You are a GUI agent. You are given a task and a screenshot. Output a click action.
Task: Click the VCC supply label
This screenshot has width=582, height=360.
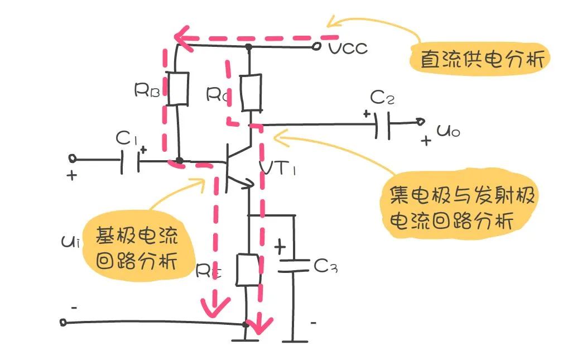348,48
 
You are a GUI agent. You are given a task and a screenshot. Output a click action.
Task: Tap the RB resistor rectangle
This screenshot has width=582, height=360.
179,88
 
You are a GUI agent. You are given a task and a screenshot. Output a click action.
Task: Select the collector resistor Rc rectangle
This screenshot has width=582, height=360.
251,93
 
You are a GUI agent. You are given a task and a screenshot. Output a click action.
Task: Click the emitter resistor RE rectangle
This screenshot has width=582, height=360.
247,269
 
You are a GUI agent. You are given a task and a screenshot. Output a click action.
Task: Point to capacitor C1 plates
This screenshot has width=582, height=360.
129,161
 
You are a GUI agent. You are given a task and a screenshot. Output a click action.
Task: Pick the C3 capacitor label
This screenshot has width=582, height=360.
326,267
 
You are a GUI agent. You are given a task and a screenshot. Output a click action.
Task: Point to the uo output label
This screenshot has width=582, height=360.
448,132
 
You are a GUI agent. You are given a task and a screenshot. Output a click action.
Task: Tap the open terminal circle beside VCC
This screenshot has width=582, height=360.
317,47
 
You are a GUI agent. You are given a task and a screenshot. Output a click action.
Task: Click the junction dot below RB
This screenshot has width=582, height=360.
179,161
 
